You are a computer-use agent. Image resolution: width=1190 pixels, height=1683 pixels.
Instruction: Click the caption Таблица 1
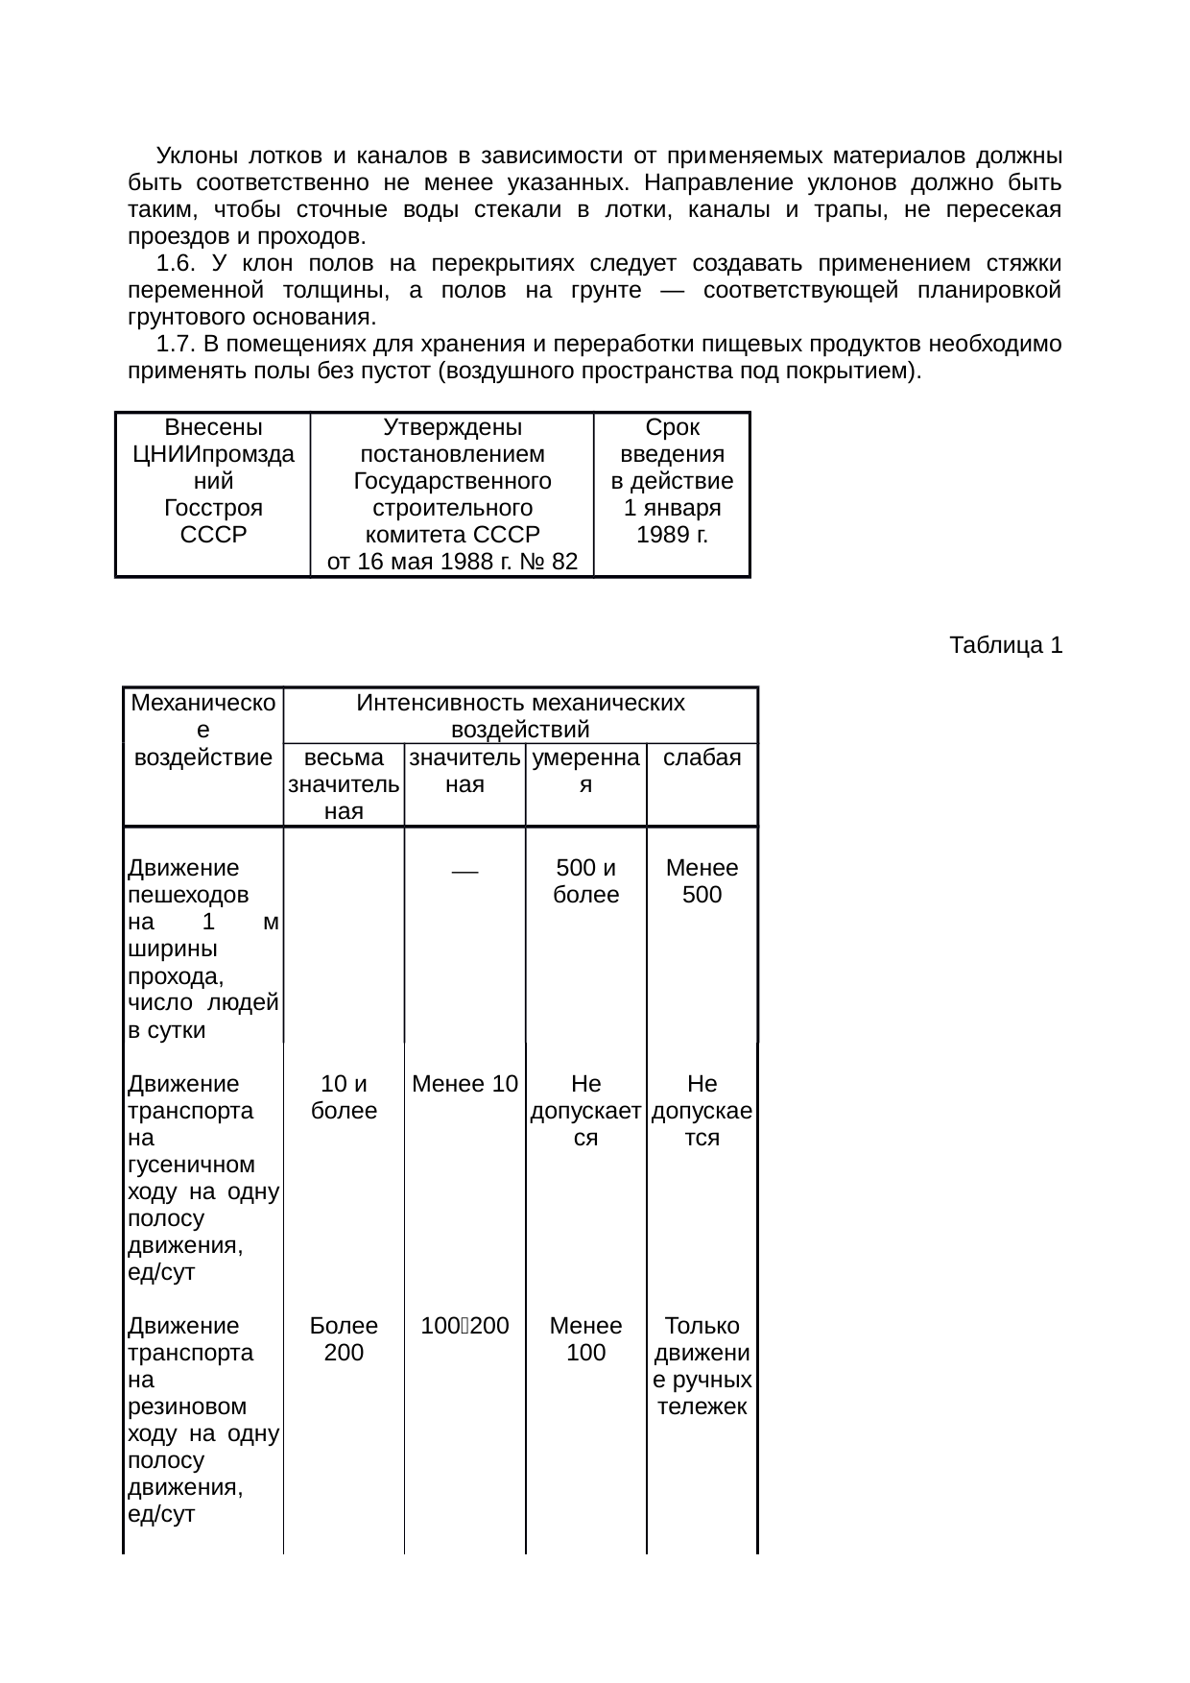1005,645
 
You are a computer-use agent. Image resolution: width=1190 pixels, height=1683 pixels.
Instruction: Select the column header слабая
702,757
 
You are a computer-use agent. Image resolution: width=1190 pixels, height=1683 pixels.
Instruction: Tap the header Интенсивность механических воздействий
520,716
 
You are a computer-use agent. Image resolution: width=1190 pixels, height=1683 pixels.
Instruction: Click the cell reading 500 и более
585,881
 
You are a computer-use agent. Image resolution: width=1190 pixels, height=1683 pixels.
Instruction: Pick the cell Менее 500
702,881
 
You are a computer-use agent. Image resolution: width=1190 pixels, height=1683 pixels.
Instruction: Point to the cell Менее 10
464,1084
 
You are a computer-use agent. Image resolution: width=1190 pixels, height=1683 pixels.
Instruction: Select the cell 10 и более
344,1097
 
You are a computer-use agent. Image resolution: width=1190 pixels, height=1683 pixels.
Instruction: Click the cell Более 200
344,1339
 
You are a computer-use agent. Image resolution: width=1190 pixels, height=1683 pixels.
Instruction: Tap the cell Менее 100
585,1339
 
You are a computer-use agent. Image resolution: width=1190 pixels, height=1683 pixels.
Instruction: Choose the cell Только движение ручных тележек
702,1366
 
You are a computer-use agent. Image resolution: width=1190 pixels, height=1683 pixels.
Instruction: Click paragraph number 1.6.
177,263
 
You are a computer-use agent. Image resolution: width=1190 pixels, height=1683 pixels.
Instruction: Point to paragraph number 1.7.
177,344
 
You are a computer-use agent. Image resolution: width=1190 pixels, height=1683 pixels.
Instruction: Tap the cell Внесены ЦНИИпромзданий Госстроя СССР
213,480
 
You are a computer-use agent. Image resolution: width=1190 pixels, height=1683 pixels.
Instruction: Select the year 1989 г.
672,535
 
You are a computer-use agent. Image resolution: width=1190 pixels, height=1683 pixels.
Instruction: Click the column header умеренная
585,771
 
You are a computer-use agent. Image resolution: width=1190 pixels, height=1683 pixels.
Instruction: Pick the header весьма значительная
344,784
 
